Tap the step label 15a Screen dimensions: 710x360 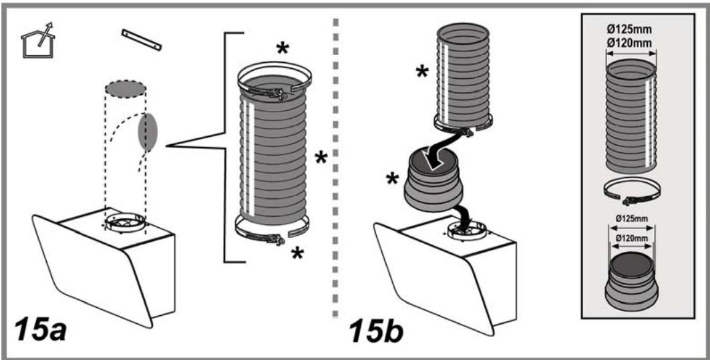[x=41, y=330]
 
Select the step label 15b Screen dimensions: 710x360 [x=376, y=331]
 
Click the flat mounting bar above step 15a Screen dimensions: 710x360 [x=142, y=39]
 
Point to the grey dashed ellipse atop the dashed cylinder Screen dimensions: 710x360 [x=126, y=89]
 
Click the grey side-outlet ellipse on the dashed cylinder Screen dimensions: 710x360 [x=148, y=132]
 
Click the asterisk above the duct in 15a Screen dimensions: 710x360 [x=282, y=49]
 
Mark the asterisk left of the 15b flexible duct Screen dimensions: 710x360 [x=422, y=71]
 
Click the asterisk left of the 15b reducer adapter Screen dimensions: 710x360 [x=392, y=179]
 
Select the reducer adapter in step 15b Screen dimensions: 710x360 [x=433, y=181]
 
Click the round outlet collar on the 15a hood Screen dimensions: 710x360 [x=126, y=222]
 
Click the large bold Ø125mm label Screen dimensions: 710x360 [x=631, y=31]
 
